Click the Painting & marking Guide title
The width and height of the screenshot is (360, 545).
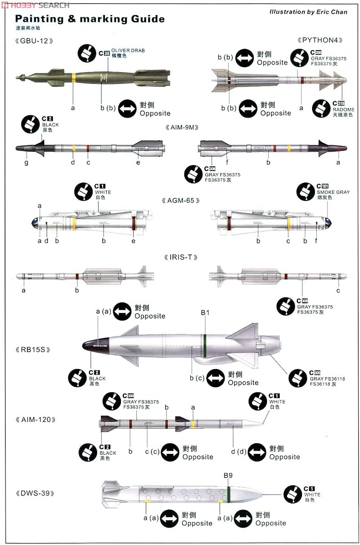pos(90,19)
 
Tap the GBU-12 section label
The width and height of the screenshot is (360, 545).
pos(34,41)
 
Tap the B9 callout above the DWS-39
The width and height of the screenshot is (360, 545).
pos(228,475)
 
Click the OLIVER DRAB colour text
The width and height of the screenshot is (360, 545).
pos(128,51)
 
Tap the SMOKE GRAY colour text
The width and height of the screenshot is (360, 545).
pos(333,192)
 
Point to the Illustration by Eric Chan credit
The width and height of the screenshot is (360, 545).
pos(308,12)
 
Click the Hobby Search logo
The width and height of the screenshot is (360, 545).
pos(36,5)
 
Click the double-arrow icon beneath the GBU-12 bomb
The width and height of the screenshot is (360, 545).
pos(127,109)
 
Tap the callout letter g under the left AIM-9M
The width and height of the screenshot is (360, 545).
pos(26,162)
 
